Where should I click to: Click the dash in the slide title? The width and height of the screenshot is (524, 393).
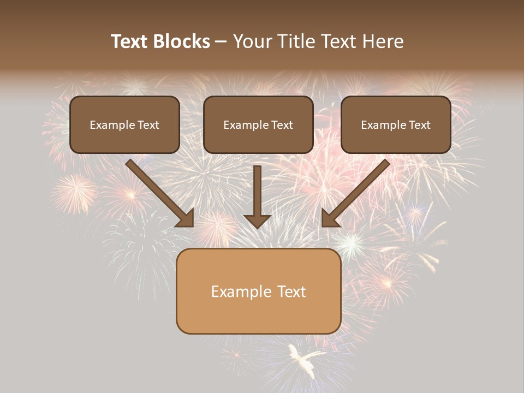click(x=221, y=42)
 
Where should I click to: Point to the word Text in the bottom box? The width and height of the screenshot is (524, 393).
click(x=291, y=291)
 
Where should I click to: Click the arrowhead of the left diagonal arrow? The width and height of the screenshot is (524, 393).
click(x=186, y=218)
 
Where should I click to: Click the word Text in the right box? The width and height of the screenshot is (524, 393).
click(x=419, y=125)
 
